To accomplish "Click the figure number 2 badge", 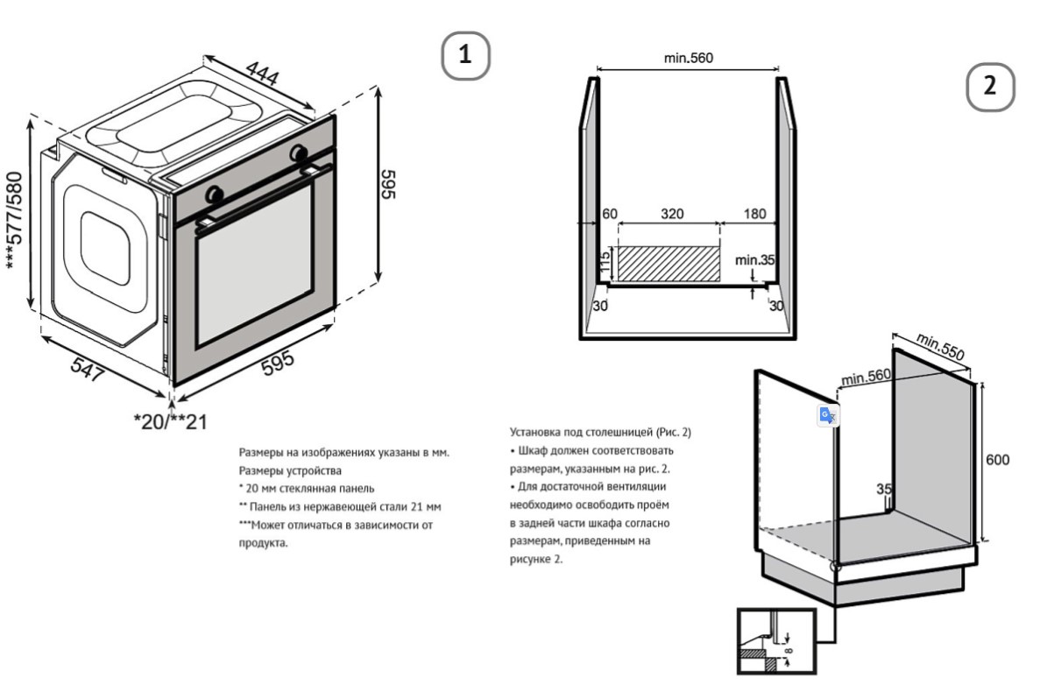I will click(x=990, y=86).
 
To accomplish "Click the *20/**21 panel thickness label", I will click(x=170, y=421).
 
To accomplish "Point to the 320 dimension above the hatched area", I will click(x=672, y=214).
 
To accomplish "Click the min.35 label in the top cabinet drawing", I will click(x=755, y=260).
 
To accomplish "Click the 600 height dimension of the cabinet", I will click(x=997, y=461).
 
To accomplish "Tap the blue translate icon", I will click(x=827, y=415).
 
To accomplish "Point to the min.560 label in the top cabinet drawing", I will click(x=689, y=59).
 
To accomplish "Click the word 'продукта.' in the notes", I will click(x=264, y=542).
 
